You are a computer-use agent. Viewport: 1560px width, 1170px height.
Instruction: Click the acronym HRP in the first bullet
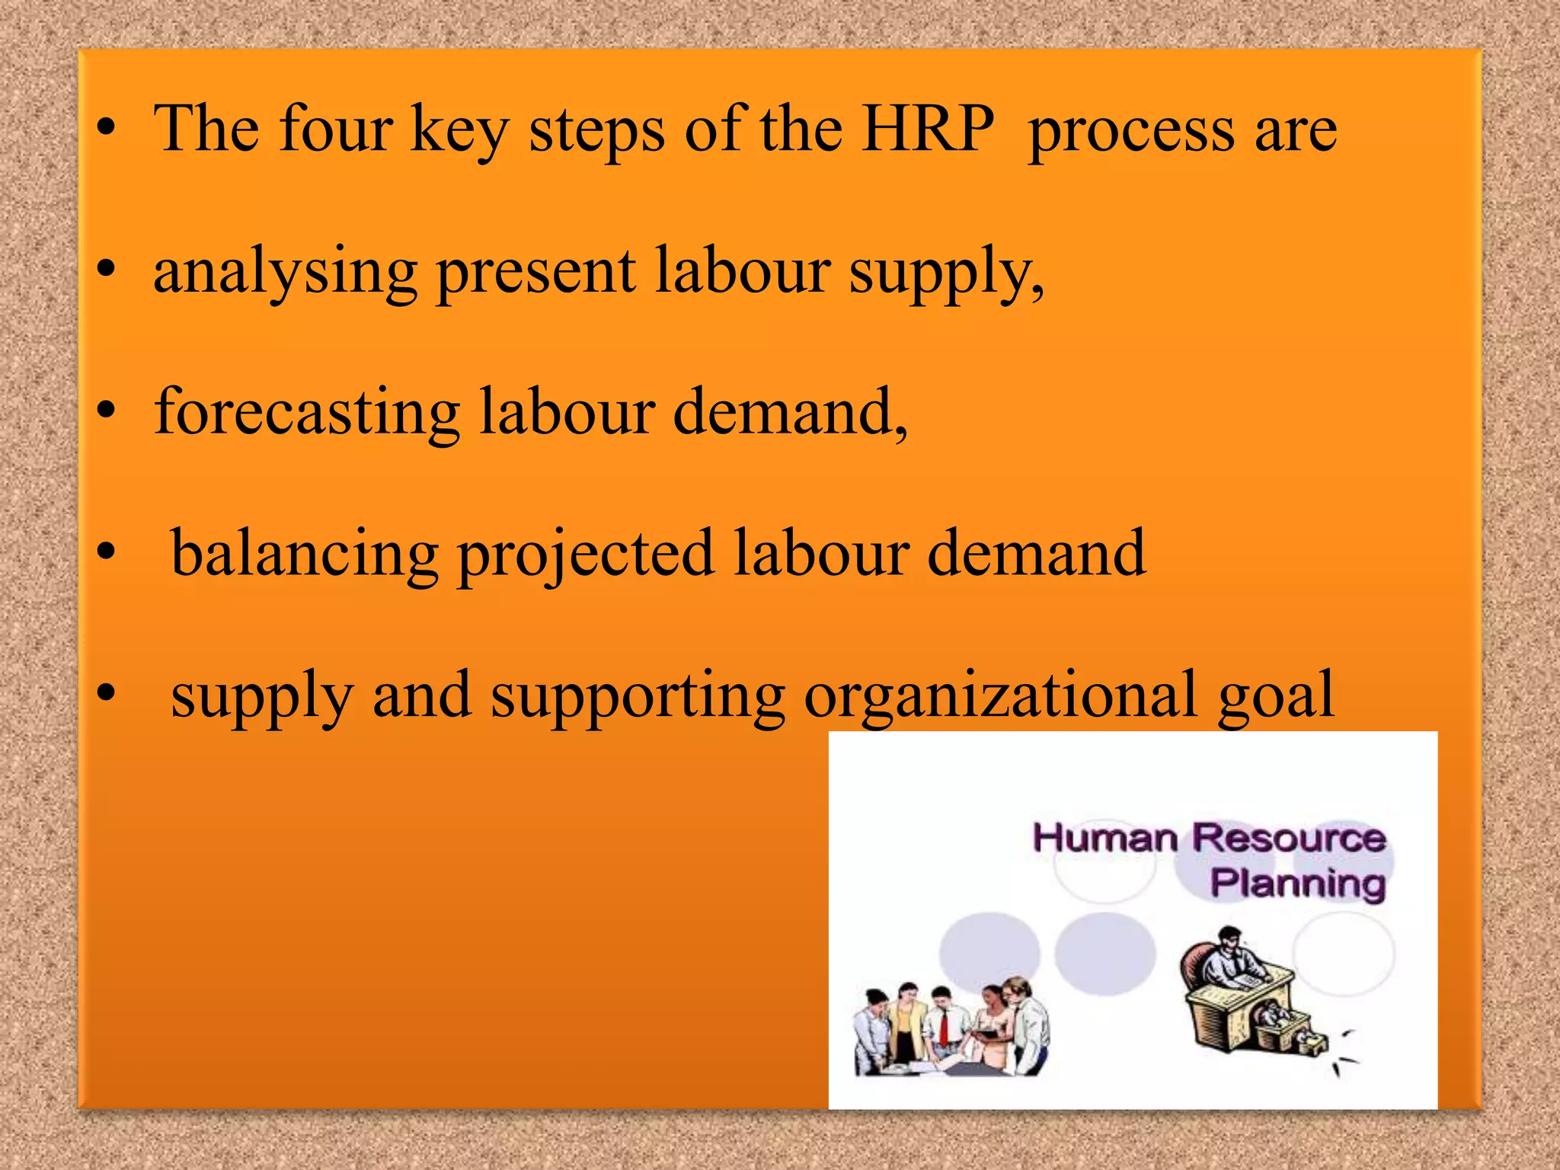928,128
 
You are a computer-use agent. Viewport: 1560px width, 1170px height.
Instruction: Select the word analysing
285,272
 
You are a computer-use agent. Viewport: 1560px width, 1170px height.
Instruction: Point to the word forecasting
307,412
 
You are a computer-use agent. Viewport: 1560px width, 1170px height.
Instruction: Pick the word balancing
305,554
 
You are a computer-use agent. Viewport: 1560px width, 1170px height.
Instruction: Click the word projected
585,554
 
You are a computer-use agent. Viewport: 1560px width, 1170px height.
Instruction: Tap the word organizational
1000,695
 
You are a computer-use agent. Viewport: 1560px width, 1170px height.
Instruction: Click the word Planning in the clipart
1297,884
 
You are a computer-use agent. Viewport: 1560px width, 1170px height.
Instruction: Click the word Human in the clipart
1104,839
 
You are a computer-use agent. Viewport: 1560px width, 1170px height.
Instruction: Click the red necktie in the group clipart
944,1027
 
